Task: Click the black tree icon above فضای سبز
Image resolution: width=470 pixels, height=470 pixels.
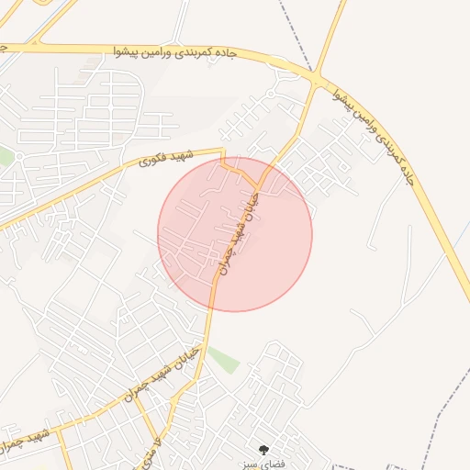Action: coord(264,449)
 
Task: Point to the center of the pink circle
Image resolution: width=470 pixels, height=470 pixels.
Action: coord(235,234)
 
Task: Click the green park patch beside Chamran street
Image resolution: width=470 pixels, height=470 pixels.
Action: coord(222,359)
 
